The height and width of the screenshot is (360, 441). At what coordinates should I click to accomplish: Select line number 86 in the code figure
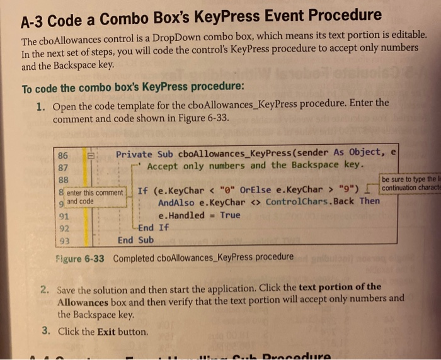pyautogui.click(x=63, y=155)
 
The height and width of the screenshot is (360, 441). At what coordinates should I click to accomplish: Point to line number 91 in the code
pyautogui.click(x=62, y=216)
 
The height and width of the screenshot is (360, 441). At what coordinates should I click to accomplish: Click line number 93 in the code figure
pyautogui.click(x=62, y=240)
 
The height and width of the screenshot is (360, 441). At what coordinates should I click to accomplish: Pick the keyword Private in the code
pyautogui.click(x=134, y=154)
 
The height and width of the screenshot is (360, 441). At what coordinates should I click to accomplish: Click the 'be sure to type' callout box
pyautogui.click(x=409, y=183)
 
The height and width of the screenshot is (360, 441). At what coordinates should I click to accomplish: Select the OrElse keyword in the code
pyautogui.click(x=253, y=190)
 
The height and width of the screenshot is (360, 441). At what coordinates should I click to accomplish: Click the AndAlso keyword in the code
pyautogui.click(x=178, y=203)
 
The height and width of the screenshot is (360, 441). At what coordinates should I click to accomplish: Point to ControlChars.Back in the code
pyautogui.click(x=310, y=202)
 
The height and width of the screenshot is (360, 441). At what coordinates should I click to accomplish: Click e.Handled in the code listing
pyautogui.click(x=181, y=215)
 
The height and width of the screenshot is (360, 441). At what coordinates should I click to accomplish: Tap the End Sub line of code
pyautogui.click(x=135, y=240)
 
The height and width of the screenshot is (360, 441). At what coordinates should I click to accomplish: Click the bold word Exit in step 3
pyautogui.click(x=107, y=332)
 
